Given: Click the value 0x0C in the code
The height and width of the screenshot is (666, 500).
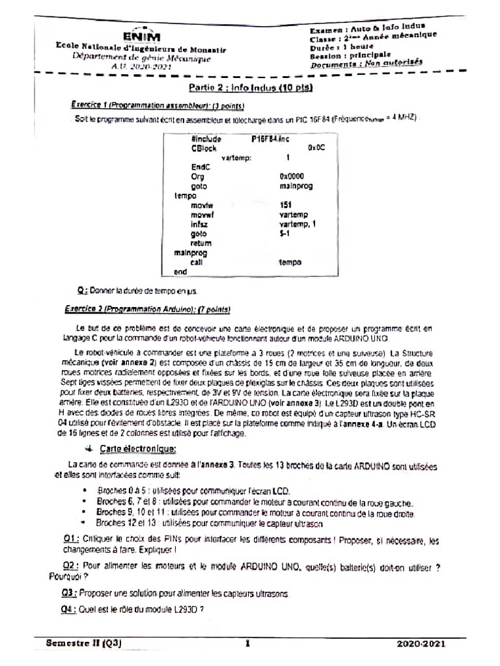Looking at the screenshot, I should point(316,148).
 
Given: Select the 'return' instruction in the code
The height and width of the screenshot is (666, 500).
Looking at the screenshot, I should point(202,243).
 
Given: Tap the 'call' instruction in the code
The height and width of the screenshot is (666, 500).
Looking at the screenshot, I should point(197,261).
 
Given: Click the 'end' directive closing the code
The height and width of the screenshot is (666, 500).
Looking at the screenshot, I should point(172,271).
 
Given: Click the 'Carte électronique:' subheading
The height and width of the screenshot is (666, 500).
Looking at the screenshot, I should point(137,449).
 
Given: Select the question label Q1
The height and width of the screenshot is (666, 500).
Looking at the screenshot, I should point(72,539).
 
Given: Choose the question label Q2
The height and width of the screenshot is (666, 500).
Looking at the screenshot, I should point(71,566).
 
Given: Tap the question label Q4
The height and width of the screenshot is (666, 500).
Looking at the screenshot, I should point(70,609).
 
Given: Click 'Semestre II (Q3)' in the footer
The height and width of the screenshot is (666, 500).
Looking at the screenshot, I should point(84,643).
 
